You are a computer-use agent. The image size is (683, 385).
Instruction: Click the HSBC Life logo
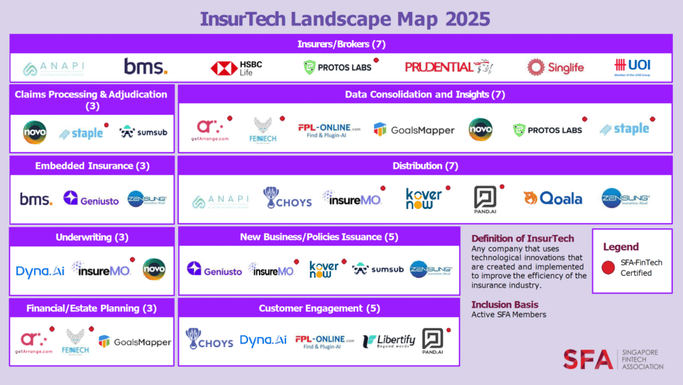coord(237,67)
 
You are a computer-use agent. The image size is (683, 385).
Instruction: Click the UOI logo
coord(632,67)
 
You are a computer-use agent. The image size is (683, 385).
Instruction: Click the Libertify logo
coord(389,341)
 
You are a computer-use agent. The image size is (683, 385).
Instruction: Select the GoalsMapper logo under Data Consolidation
coord(414,130)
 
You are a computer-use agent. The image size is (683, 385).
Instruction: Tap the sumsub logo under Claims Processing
coord(143,132)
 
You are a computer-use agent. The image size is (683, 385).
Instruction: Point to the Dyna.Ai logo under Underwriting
coord(39,271)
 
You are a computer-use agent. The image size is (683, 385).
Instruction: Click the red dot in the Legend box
coord(608,268)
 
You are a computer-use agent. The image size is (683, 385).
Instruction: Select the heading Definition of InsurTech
coord(522,238)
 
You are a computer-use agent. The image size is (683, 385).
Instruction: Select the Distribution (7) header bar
coord(425,165)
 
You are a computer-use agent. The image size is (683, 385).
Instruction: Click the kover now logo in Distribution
coord(424,198)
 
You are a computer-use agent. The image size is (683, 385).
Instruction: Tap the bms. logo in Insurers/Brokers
coord(145,67)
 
